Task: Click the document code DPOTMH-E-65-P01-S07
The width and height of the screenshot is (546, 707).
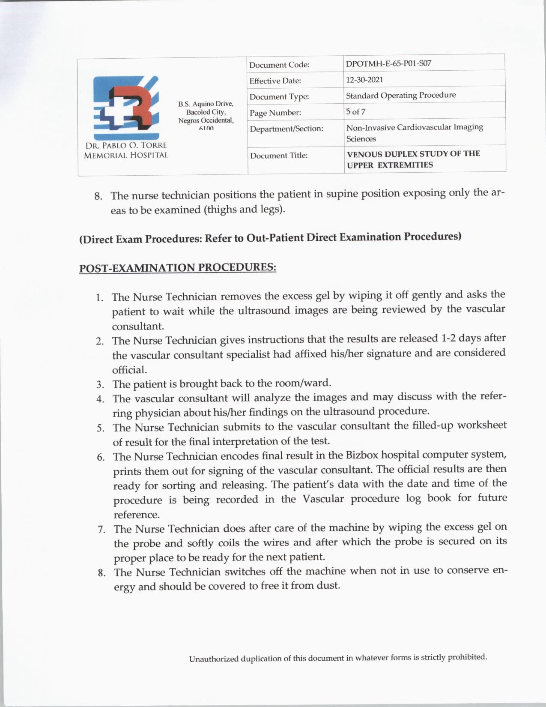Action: [388, 63]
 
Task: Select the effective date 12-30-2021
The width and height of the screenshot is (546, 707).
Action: [364, 80]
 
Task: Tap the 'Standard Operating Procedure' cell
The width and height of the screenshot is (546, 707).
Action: [401, 95]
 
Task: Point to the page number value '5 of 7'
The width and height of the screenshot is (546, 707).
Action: [355, 112]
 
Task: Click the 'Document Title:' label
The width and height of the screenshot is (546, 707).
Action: [279, 156]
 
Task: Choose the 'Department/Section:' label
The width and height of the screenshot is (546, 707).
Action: [286, 129]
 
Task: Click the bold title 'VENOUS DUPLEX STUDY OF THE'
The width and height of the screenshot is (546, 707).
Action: [413, 153]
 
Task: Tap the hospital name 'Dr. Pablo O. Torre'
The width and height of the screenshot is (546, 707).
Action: [126, 145]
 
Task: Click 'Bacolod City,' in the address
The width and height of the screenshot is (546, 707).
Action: [206, 112]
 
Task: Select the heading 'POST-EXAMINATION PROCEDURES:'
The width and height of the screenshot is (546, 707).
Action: [178, 268]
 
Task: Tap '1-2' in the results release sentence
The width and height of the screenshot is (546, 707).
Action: [448, 338]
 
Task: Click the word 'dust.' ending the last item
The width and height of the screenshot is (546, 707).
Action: [328, 585]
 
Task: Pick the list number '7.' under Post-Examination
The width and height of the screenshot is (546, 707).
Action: [101, 530]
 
